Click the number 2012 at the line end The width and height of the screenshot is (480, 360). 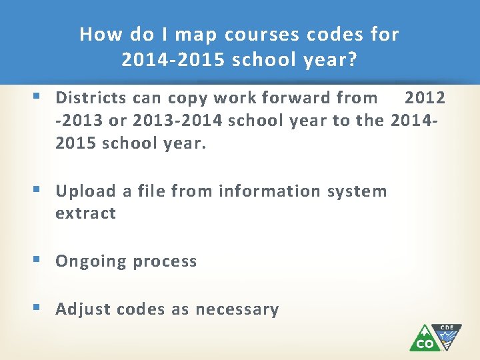coord(425,98)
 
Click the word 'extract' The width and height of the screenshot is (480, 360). coord(85,213)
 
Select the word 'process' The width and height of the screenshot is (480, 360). coord(165,261)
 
